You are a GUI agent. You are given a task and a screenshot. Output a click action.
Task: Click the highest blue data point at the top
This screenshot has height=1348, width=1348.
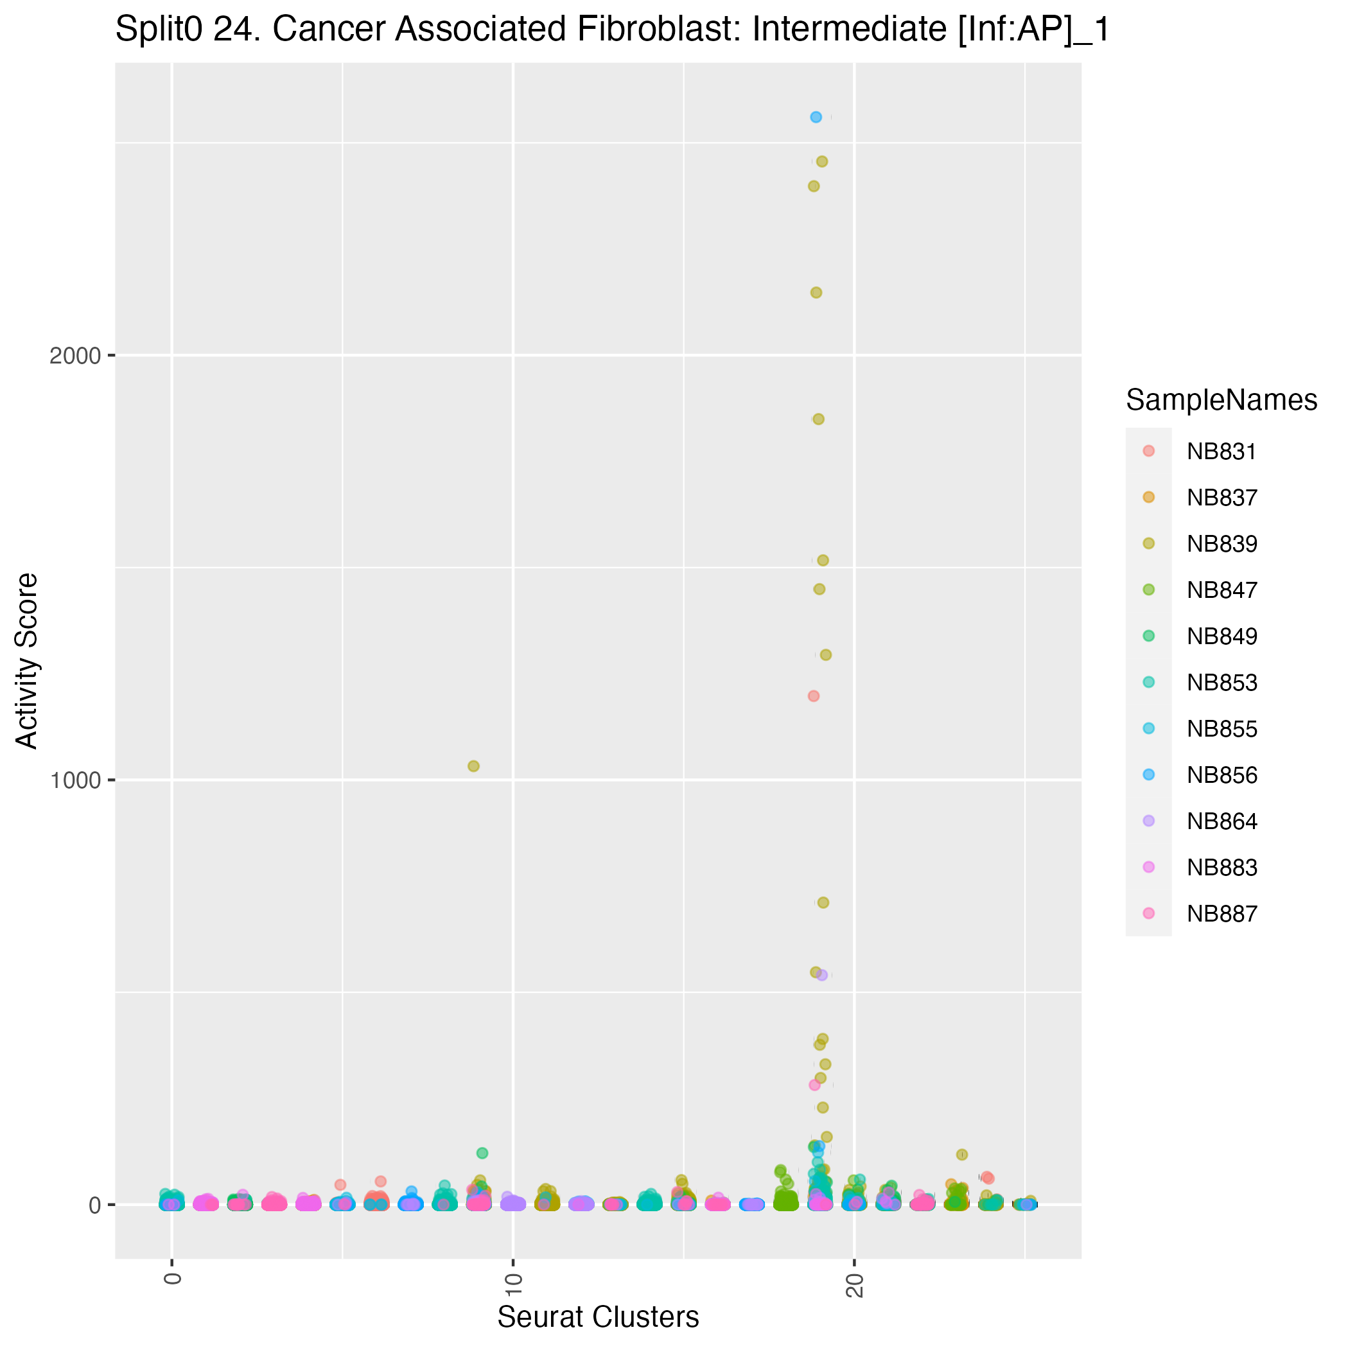[816, 118]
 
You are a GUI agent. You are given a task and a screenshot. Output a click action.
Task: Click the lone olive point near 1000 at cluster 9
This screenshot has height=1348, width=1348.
[474, 766]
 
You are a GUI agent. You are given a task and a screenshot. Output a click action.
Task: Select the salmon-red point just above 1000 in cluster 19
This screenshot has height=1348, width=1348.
[814, 696]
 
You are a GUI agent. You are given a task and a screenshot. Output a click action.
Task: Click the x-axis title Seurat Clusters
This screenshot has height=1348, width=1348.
[598, 1317]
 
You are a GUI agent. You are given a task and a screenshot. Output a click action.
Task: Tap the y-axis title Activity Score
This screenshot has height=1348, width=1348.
[27, 661]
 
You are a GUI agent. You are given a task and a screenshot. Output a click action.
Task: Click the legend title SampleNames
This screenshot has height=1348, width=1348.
[1221, 401]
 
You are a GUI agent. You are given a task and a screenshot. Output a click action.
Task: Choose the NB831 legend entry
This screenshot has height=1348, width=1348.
[1221, 452]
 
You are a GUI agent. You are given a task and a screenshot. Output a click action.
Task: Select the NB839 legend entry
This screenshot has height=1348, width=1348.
[1221, 544]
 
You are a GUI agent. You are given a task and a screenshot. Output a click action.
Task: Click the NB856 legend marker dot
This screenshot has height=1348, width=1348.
[1149, 775]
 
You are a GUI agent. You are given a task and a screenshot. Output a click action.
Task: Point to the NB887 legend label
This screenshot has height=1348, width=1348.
[1221, 914]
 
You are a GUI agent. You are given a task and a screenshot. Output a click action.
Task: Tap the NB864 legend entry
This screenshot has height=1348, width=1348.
[1221, 821]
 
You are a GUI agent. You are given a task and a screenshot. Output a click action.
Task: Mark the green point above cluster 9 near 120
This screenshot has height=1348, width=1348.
[482, 1153]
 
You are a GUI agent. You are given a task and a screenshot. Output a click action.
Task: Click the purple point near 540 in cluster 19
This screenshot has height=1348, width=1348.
[822, 976]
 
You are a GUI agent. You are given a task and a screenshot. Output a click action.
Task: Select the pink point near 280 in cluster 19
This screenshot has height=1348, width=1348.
[814, 1085]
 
